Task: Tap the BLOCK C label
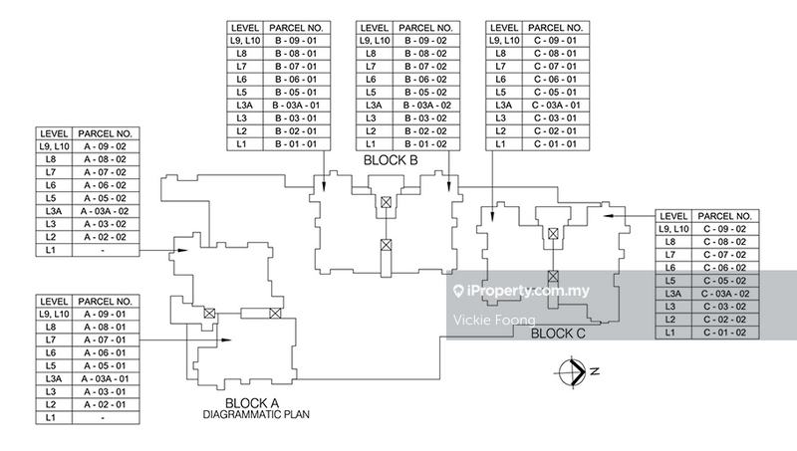[558, 334]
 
